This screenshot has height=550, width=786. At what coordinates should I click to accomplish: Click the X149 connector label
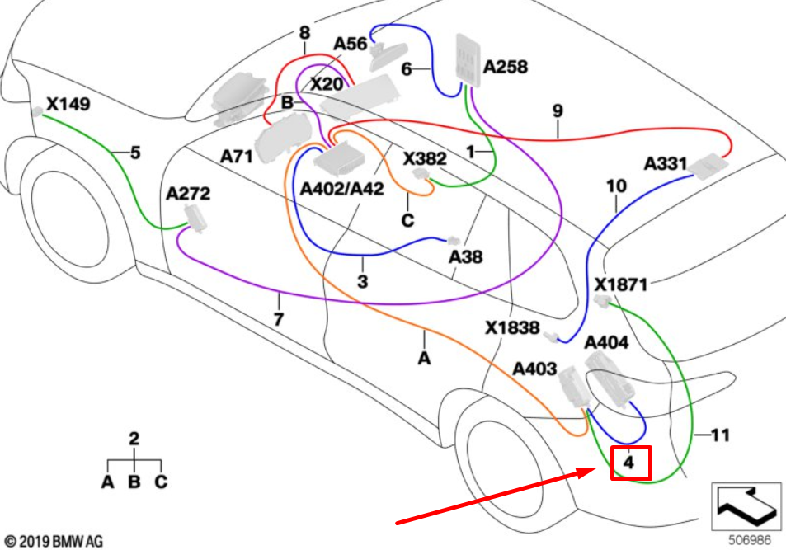[68, 106]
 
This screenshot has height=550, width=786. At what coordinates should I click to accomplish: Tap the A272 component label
[188, 195]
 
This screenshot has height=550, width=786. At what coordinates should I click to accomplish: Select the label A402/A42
[342, 190]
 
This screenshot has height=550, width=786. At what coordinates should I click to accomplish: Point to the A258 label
[506, 67]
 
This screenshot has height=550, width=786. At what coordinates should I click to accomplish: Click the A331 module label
[665, 164]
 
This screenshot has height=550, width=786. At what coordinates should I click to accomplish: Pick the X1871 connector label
[621, 284]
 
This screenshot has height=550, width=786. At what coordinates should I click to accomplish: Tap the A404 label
[606, 343]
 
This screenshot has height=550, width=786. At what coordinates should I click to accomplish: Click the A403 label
[534, 369]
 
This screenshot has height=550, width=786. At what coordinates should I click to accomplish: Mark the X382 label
[425, 157]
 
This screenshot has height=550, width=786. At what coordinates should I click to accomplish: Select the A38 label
[465, 257]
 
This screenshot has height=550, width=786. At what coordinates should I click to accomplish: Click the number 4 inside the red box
[629, 463]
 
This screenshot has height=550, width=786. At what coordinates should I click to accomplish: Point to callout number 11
[720, 435]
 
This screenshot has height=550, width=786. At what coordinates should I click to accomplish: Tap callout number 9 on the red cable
[558, 109]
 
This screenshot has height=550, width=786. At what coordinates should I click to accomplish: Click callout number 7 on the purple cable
[279, 318]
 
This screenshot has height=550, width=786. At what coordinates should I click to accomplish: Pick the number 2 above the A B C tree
[134, 439]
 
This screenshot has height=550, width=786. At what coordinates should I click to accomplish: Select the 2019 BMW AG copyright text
[54, 541]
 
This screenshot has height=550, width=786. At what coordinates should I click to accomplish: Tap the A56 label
[350, 44]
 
